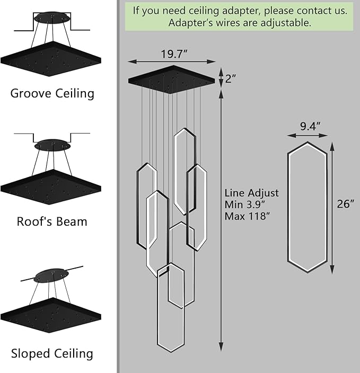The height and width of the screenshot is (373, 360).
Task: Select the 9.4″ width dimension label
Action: coord(310,126)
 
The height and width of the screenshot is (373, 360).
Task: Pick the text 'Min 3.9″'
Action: coord(246,205)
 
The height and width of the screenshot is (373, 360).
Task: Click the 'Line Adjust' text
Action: coord(251,193)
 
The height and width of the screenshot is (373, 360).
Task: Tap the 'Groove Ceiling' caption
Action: coord(52,94)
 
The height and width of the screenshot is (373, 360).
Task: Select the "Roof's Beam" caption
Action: coord(52,221)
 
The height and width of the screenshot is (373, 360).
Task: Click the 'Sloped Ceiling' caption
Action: coord(52,353)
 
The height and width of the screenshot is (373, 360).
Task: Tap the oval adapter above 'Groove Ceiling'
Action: coord(52,18)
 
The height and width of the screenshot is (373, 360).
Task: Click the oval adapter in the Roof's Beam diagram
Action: coord(52,144)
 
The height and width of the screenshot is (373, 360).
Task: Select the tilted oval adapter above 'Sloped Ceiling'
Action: coord(52,275)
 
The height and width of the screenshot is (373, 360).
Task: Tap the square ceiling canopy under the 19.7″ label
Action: coord(172,78)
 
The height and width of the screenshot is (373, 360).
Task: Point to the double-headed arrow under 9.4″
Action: coord(308,136)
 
